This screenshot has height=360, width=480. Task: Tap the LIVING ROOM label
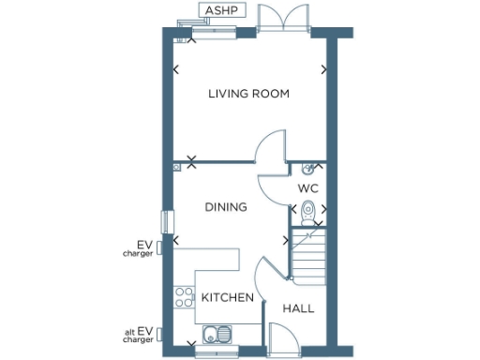[x=248, y=94]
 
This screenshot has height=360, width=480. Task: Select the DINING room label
[x=226, y=206]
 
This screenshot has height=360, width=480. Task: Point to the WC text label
[x=308, y=188]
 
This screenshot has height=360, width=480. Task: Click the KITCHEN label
[x=228, y=297]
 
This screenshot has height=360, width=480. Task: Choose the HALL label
[x=298, y=307]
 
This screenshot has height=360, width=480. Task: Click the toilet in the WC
[x=308, y=221]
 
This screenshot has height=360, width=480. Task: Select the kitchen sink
[x=218, y=333]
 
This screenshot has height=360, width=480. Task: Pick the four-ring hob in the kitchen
[x=183, y=297]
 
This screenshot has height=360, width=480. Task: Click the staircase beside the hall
[x=306, y=256]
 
